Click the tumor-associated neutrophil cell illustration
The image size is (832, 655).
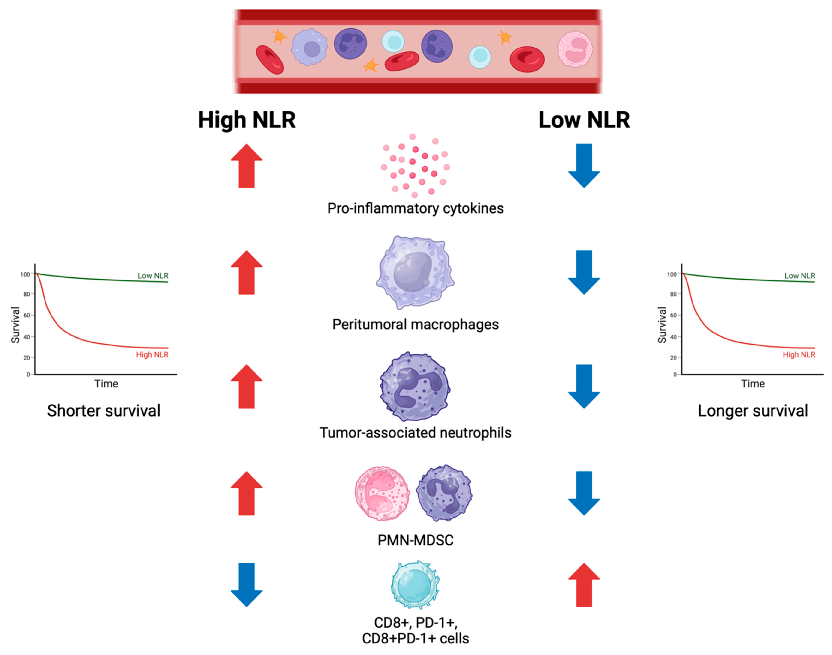[x=415, y=387]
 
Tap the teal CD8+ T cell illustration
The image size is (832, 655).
[x=415, y=585]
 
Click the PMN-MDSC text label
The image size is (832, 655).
[x=415, y=540]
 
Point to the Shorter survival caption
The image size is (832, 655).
[x=104, y=411]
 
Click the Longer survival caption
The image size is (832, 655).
[x=753, y=411]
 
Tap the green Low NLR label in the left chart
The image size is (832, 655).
[x=153, y=275]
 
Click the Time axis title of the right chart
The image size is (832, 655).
[x=753, y=384]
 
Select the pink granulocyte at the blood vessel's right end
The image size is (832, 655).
[x=575, y=49]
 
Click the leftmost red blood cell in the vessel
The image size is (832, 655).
[x=270, y=60]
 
